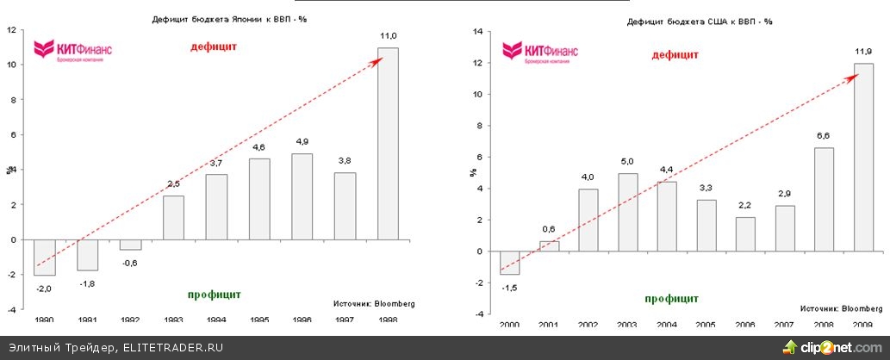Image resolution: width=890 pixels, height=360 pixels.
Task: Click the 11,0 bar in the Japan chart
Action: click(389, 143)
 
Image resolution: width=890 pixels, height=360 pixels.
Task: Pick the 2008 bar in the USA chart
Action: click(824, 199)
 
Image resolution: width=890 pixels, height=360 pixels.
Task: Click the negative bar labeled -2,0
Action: click(44, 257)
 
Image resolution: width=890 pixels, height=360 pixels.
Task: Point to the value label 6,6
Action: click(824, 135)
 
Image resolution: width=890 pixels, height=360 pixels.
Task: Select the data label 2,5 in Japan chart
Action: click(173, 183)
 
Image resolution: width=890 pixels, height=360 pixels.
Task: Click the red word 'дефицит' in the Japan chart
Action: click(214, 46)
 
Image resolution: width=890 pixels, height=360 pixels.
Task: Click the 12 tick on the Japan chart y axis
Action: click(12, 29)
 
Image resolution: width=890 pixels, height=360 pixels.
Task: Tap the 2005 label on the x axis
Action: click(706, 326)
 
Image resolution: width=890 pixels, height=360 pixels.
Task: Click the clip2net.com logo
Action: click(832, 347)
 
